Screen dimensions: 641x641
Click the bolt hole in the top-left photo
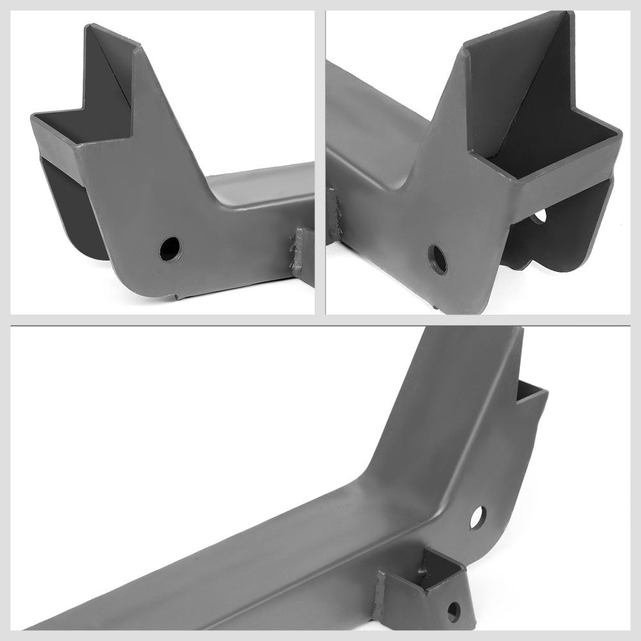pyautogui.click(x=170, y=249)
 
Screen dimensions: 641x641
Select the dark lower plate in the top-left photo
pyautogui.click(x=67, y=212)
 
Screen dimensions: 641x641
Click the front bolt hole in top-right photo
pyautogui.click(x=437, y=259)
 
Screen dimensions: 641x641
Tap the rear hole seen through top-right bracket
pyautogui.click(x=538, y=217)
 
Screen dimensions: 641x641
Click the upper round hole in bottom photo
pyautogui.click(x=478, y=517)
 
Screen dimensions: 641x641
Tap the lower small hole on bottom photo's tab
pyautogui.click(x=454, y=610)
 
